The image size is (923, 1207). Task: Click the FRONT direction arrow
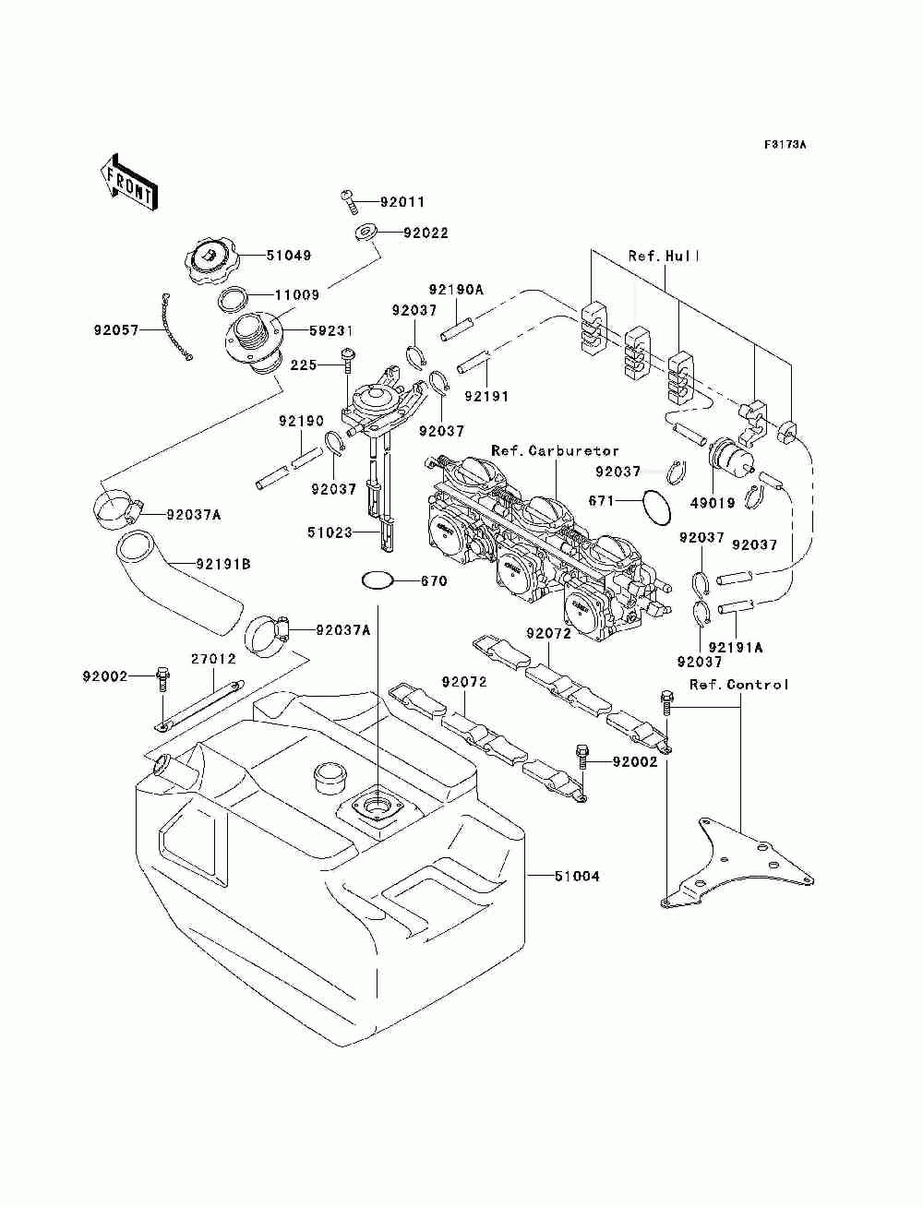(129, 181)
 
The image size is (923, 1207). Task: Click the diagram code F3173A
(785, 145)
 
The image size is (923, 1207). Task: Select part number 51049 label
(289, 255)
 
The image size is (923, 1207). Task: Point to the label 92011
(402, 202)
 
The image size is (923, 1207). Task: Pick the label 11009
(297, 294)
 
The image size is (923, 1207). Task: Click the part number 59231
(331, 330)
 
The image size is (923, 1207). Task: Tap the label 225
(304, 364)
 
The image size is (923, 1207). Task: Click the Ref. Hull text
(665, 256)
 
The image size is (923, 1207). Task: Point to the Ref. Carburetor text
(555, 451)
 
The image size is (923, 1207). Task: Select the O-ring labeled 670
(378, 580)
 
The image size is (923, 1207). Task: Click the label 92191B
(223, 564)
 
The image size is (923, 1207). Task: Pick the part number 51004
(577, 876)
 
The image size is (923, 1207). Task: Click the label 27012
(213, 658)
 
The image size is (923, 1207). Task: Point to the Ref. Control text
(739, 685)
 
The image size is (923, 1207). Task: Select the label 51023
(330, 532)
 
